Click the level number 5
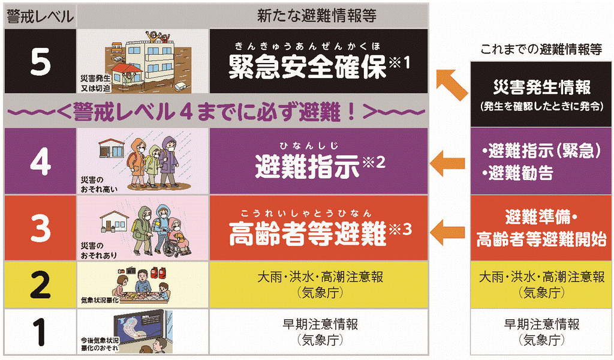coord(40,62)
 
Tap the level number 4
coord(40,161)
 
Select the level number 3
coord(40,228)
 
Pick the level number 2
coord(40,285)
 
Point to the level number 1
coord(40,332)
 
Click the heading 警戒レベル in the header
coord(40,16)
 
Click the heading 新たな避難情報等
coord(317,16)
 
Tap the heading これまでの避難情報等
coord(541,49)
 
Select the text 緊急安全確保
coord(308,67)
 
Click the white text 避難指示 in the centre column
coord(308,166)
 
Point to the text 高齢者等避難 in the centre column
coord(308,233)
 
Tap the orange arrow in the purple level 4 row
coord(447,163)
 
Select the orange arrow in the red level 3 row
coord(447,232)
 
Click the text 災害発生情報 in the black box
coord(541,88)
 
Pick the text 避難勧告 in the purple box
coord(521,173)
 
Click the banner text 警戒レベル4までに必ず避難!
coord(216,112)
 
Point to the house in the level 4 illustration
coord(112,148)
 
